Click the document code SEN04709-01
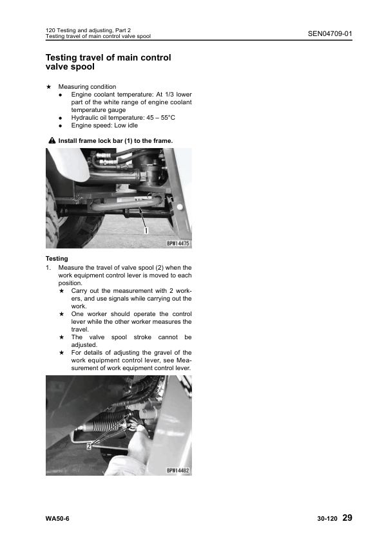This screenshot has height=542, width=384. click(330, 33)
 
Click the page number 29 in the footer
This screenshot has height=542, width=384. click(347, 518)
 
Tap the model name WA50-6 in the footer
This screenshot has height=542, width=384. click(57, 518)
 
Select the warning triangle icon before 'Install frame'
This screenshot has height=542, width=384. click(52, 140)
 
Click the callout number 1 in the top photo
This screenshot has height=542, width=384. click(146, 230)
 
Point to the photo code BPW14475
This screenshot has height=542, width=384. click(178, 243)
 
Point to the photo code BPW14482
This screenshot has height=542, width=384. click(178, 471)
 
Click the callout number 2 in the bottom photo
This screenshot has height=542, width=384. click(89, 446)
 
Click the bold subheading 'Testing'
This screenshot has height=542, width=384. click(57, 259)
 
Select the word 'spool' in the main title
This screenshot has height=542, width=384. click(82, 66)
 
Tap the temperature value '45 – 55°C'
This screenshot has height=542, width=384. click(160, 118)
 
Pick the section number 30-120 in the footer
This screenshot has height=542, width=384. click(327, 518)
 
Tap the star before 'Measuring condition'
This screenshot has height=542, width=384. click(49, 86)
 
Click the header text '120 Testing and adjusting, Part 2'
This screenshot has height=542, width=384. click(88, 30)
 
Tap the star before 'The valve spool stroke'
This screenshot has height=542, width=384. click(62, 337)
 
